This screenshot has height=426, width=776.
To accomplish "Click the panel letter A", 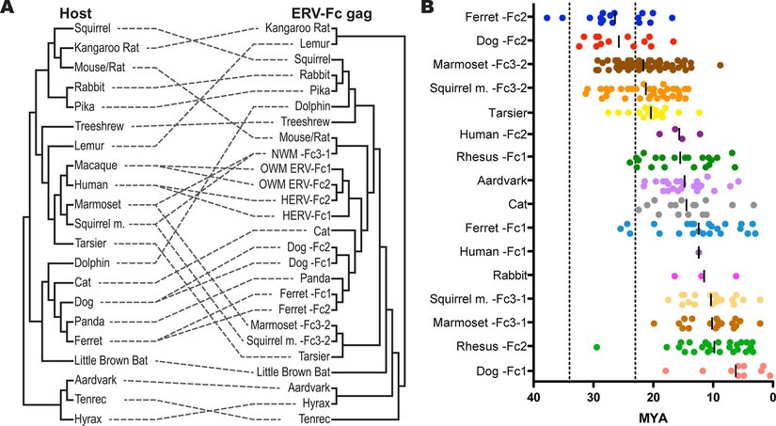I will click(x=8, y=8).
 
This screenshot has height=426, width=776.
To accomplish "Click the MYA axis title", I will click(x=654, y=415).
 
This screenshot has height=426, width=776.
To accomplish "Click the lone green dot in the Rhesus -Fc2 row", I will click(x=596, y=347).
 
